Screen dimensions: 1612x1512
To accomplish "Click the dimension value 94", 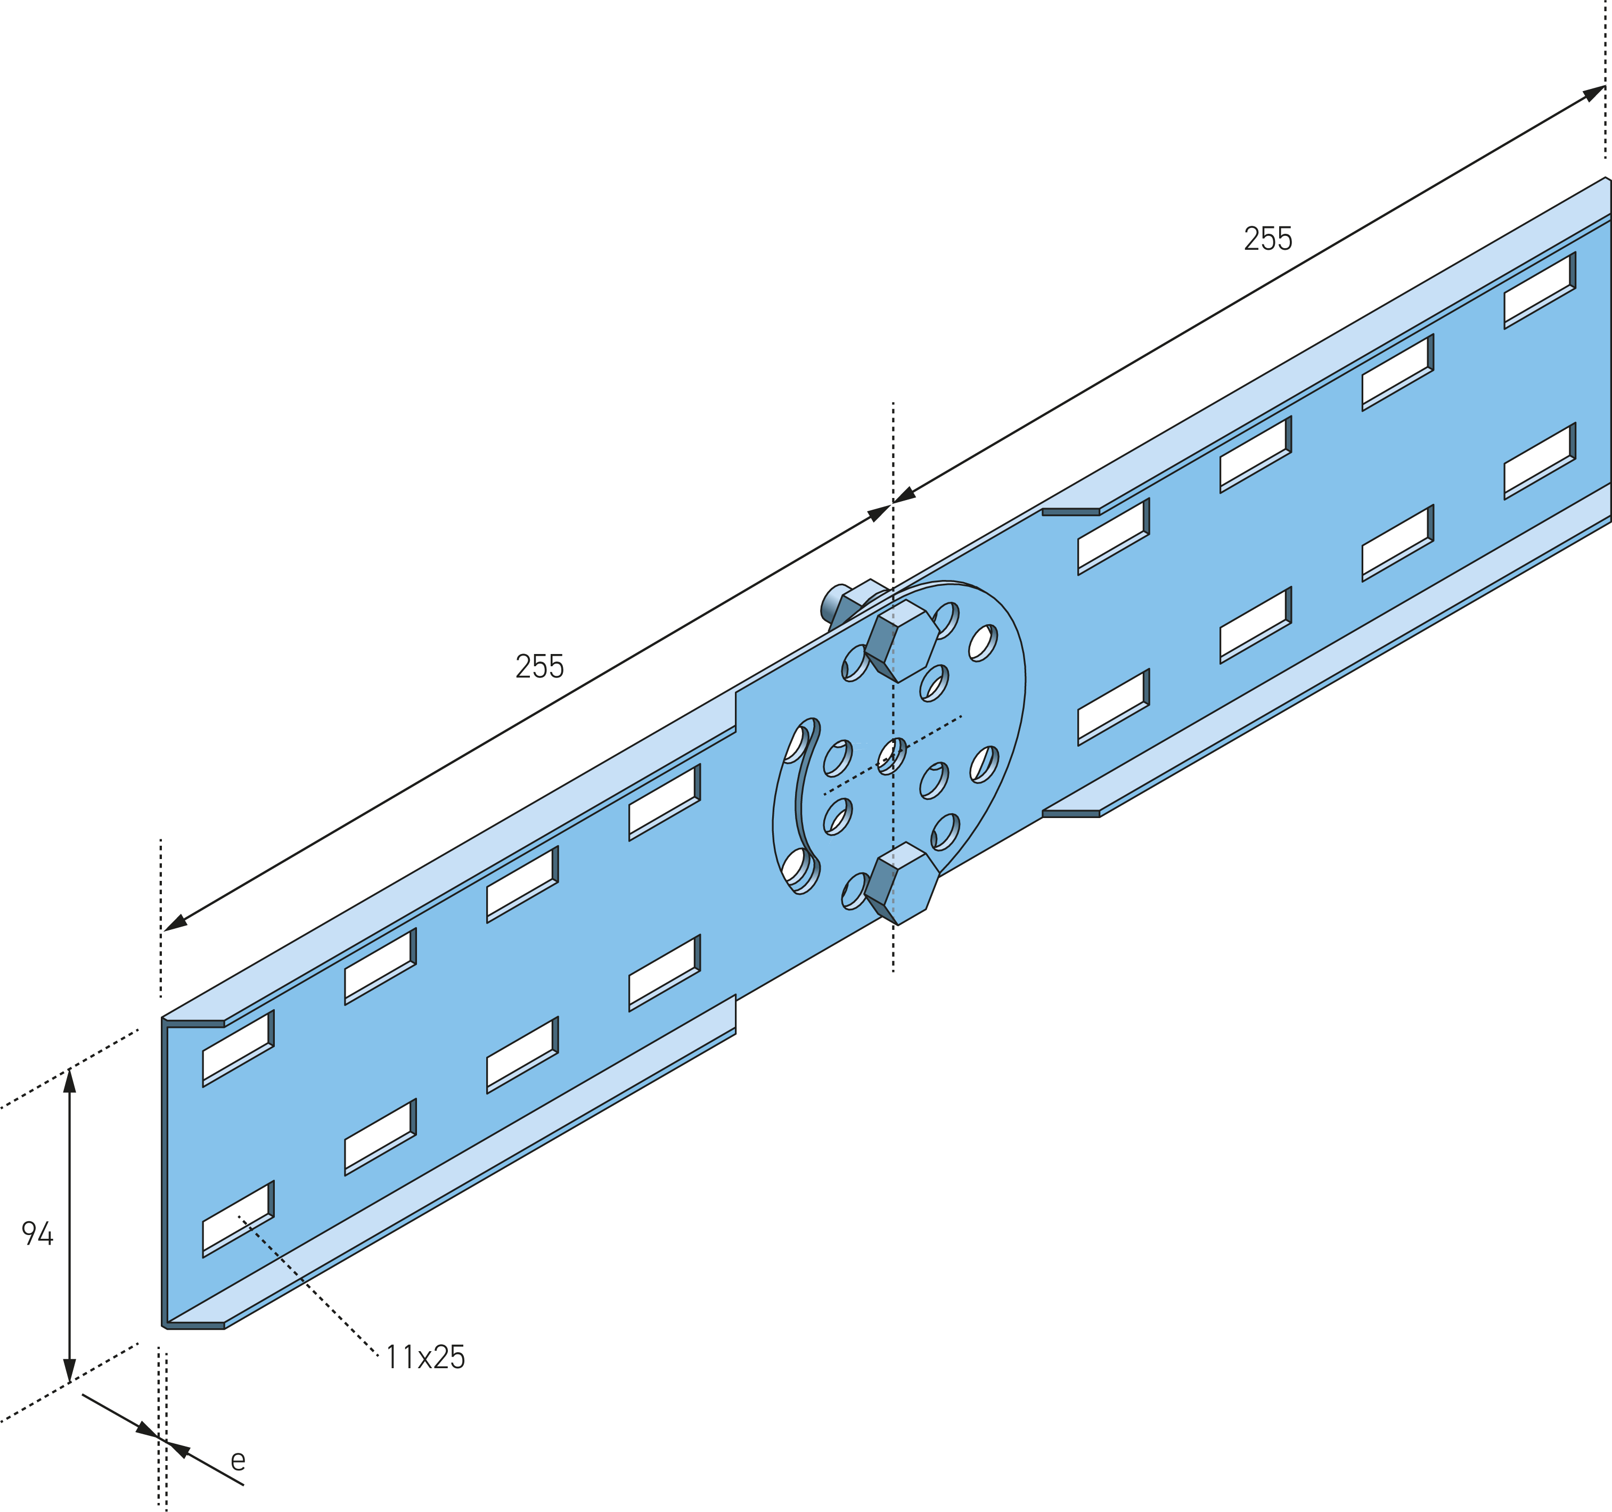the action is pos(37,1234).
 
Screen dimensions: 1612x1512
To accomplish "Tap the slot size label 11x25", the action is pos(425,1357).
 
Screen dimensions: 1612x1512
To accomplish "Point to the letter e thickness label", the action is pos(238,1460).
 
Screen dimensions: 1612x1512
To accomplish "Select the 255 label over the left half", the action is pos(539,666).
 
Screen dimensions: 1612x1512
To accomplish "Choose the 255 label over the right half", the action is pos(1268,239).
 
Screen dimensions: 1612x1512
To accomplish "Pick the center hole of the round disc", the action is pos(892,756).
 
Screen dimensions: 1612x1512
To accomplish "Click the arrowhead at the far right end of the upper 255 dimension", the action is pos(1593,93).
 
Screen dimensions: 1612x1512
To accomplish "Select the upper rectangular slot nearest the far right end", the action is pos(1540,290).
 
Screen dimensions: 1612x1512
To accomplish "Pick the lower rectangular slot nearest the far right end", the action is pos(1540,461).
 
